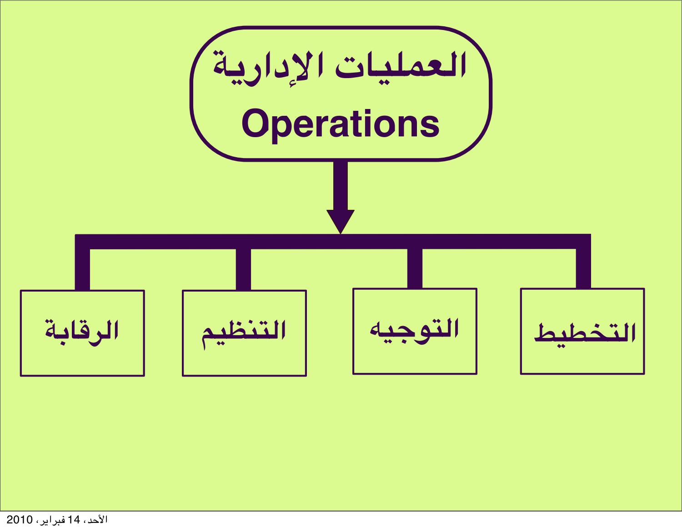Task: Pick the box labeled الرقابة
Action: point(82,333)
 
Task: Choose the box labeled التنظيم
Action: point(244,333)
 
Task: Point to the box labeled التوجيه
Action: point(415,331)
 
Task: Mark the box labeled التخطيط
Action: point(582,331)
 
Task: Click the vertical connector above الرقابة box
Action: point(82,269)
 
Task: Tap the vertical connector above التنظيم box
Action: point(244,269)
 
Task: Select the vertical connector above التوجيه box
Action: point(415,268)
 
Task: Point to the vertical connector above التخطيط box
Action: point(583,268)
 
